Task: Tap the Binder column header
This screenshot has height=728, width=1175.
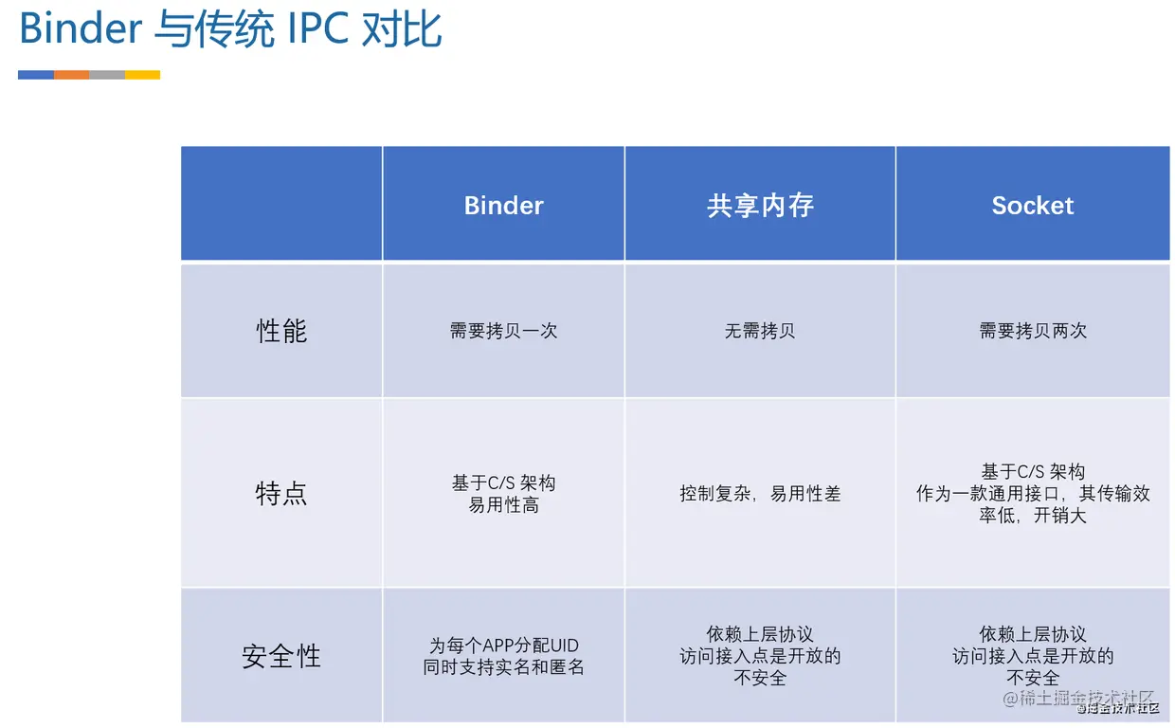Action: point(503,206)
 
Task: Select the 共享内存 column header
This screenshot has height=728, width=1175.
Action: point(760,206)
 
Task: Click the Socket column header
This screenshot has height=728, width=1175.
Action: point(1032,206)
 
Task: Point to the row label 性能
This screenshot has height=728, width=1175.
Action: point(281,331)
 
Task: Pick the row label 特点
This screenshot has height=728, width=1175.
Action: point(281,493)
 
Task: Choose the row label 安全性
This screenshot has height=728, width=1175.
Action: point(281,656)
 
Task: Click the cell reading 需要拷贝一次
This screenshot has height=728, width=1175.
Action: point(503,331)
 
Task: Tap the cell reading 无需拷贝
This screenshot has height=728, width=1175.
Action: point(760,331)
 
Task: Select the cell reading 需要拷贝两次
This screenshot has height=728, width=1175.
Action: point(1033,331)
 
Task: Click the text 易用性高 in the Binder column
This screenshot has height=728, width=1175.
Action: point(503,505)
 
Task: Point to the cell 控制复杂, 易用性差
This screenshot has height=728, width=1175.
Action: point(760,494)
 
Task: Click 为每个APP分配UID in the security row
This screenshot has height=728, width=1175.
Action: point(503,646)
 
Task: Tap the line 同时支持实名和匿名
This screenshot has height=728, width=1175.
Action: point(503,667)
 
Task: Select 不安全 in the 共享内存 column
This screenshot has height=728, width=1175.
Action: point(760,678)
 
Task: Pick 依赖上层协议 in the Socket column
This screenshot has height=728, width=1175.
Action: point(1033,634)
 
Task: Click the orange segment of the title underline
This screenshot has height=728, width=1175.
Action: point(71,75)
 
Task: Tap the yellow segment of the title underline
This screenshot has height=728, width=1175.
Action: point(143,75)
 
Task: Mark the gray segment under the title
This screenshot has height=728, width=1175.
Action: point(107,75)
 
